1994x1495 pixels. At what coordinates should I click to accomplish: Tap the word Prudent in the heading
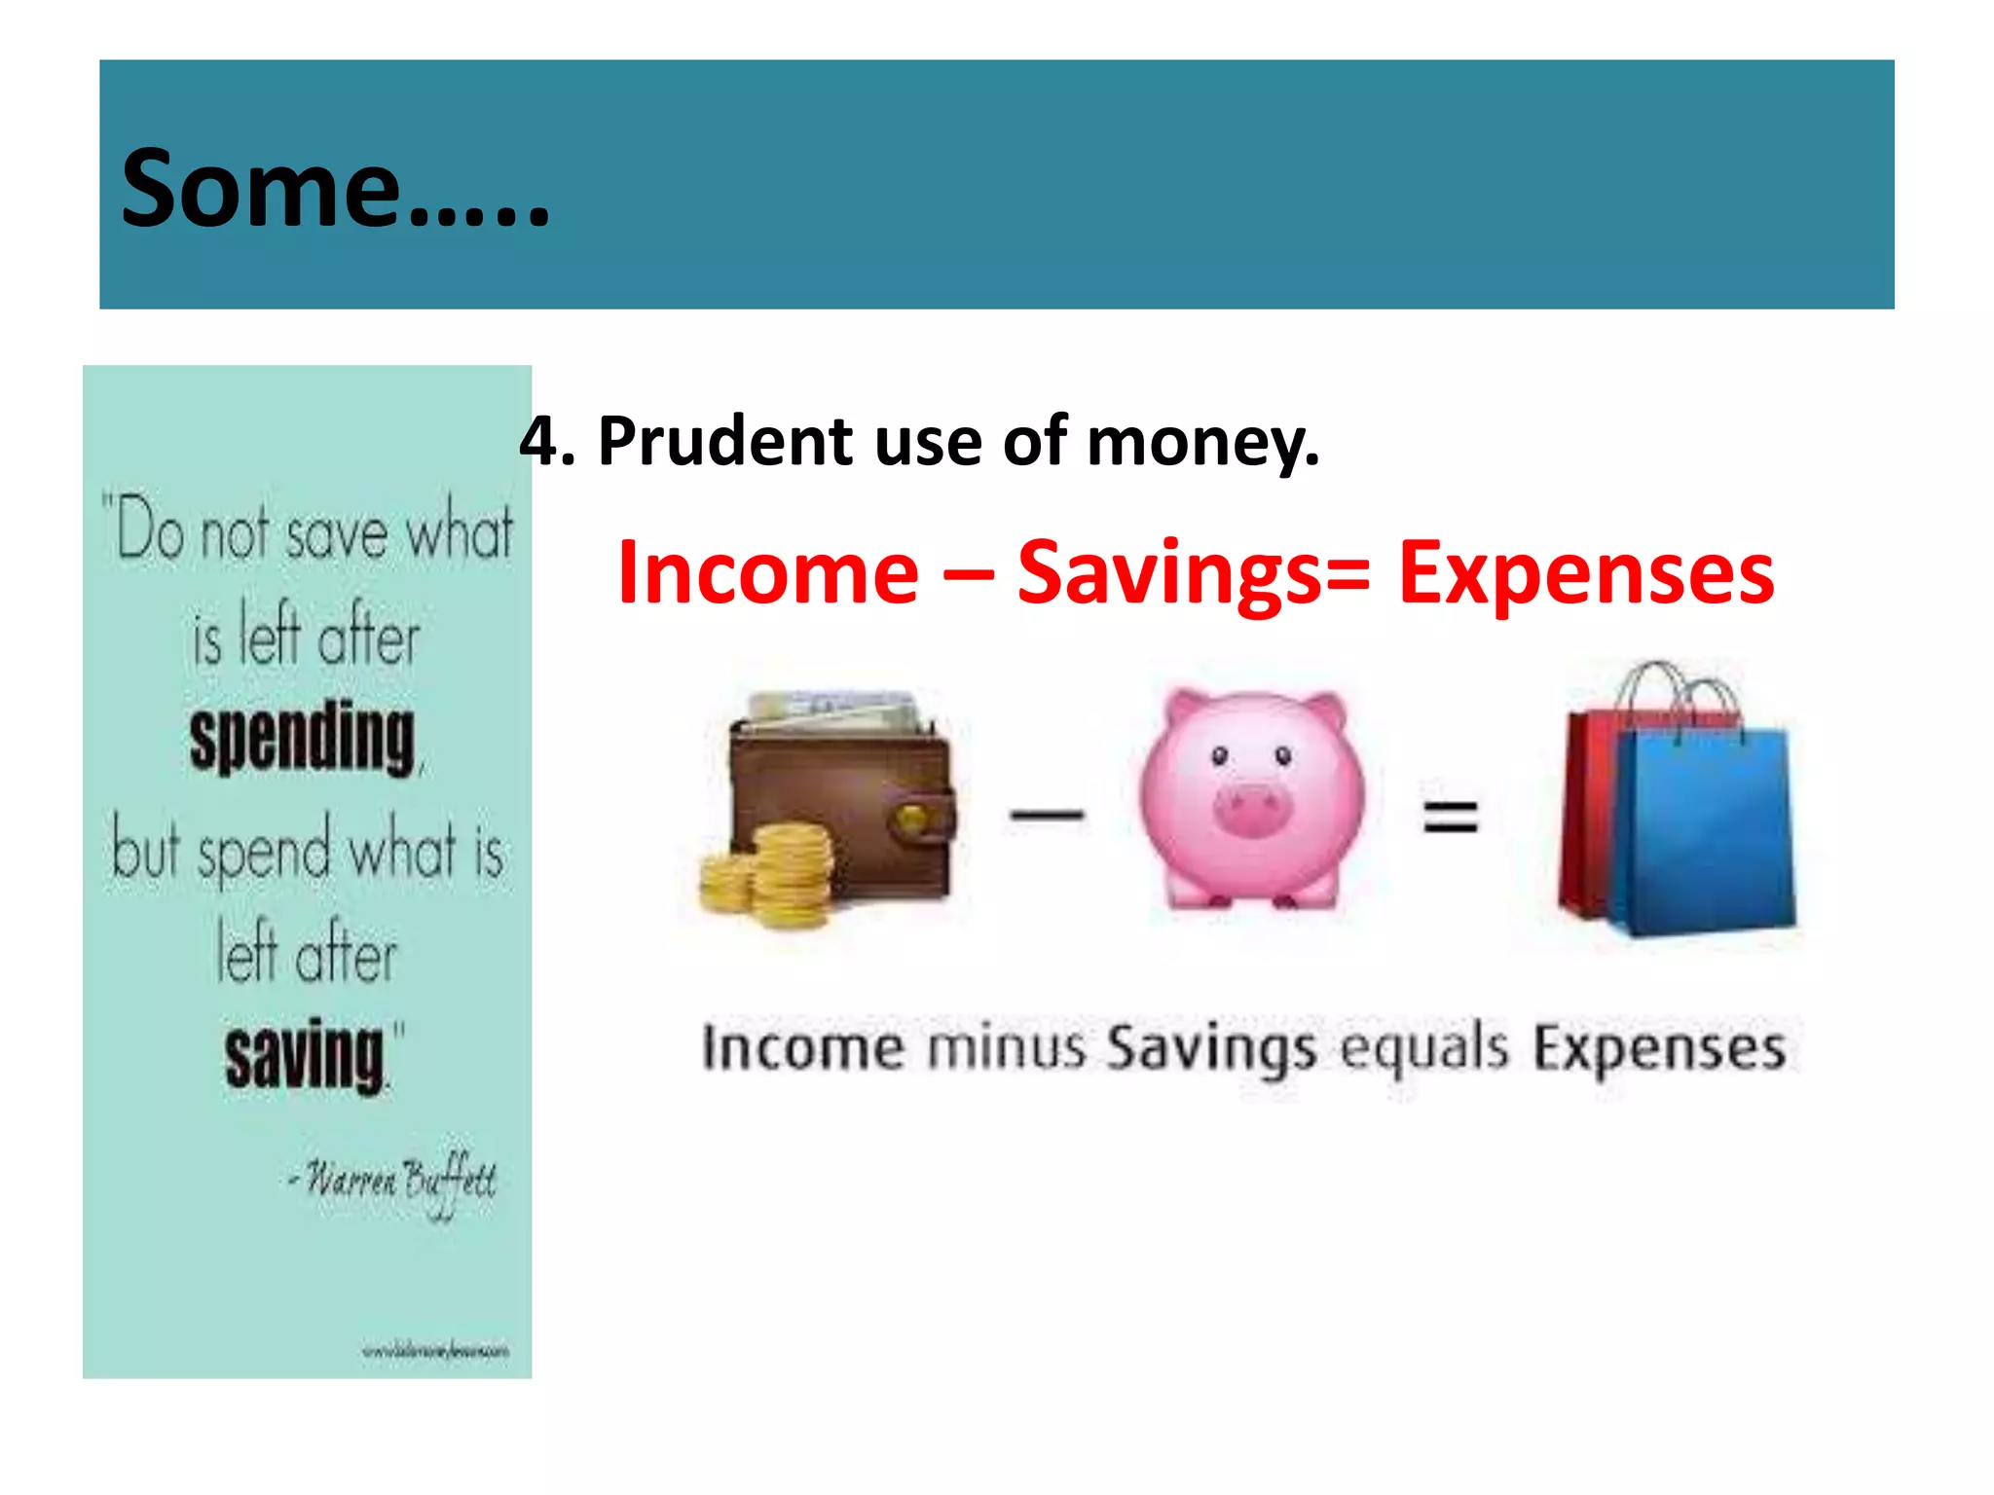click(725, 442)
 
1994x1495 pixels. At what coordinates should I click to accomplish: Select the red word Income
click(768, 573)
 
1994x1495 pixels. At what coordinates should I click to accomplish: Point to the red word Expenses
click(1586, 573)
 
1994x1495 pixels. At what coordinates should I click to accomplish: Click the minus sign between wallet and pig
click(1047, 815)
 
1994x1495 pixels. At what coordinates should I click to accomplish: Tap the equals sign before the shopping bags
click(1451, 817)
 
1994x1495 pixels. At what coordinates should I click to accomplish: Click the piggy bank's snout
click(1251, 810)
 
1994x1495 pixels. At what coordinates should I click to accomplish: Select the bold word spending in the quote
click(303, 740)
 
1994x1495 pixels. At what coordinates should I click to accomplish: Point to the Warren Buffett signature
click(399, 1181)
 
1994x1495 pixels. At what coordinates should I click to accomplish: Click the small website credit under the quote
click(435, 1351)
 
